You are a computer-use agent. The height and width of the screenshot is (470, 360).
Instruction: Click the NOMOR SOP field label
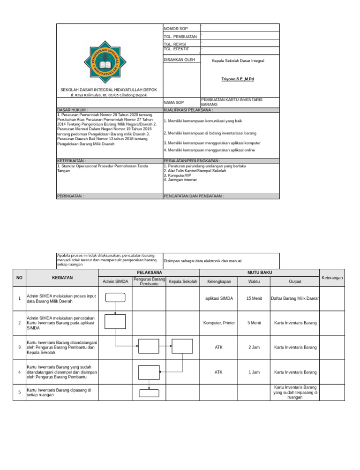pyautogui.click(x=175, y=29)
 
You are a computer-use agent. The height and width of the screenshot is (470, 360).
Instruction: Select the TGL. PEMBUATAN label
pyautogui.click(x=180, y=37)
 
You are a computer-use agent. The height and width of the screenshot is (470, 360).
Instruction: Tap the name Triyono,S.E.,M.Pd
pyautogui.click(x=238, y=79)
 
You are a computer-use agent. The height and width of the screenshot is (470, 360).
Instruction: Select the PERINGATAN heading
pyautogui.click(x=70, y=196)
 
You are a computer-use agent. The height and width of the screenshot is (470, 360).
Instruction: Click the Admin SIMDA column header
pyautogui.click(x=115, y=281)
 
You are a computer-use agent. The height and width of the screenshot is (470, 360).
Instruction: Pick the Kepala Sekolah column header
pyautogui.click(x=183, y=281)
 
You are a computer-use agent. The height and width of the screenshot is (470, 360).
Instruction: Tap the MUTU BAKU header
pyautogui.click(x=259, y=273)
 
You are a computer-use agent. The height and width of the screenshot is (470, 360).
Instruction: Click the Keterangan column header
pyautogui.click(x=332, y=278)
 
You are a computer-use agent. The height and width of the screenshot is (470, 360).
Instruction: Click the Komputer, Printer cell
pyautogui.click(x=219, y=323)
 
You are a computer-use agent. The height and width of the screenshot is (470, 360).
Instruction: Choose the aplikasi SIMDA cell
pyautogui.click(x=219, y=299)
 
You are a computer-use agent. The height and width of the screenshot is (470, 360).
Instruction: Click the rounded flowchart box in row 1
pyautogui.click(x=115, y=297)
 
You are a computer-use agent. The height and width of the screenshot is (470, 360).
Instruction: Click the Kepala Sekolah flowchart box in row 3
pyautogui.click(x=182, y=348)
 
